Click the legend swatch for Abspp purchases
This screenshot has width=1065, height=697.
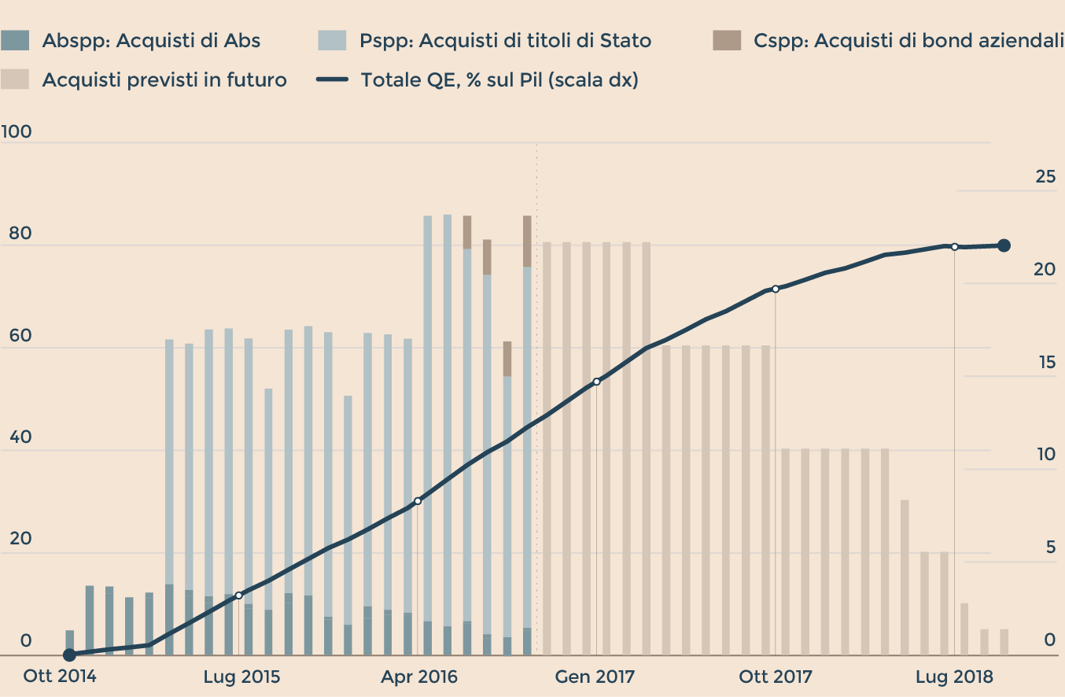[x=15, y=40]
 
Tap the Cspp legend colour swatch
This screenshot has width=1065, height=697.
[x=727, y=40]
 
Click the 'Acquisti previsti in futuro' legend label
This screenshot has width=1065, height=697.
[x=164, y=79]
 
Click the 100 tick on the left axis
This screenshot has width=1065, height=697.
[x=17, y=131]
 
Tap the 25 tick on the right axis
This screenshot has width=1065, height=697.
[x=1045, y=177]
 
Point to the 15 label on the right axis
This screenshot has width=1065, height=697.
[x=1045, y=363]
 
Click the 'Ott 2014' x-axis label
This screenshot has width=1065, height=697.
[x=60, y=677]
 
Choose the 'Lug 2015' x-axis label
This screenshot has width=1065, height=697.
[x=241, y=677]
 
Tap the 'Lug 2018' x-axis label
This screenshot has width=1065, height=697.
[x=954, y=677]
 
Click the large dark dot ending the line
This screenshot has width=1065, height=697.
[x=1004, y=245]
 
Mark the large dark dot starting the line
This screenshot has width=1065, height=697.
[x=69, y=655]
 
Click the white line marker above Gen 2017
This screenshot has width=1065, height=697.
[x=596, y=382]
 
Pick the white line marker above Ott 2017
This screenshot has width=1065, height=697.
[x=776, y=289]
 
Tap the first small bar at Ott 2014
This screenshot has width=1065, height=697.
[x=70, y=642]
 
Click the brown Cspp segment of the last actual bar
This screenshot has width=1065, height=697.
[x=527, y=241]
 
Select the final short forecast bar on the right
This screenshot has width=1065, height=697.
[x=1004, y=641]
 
